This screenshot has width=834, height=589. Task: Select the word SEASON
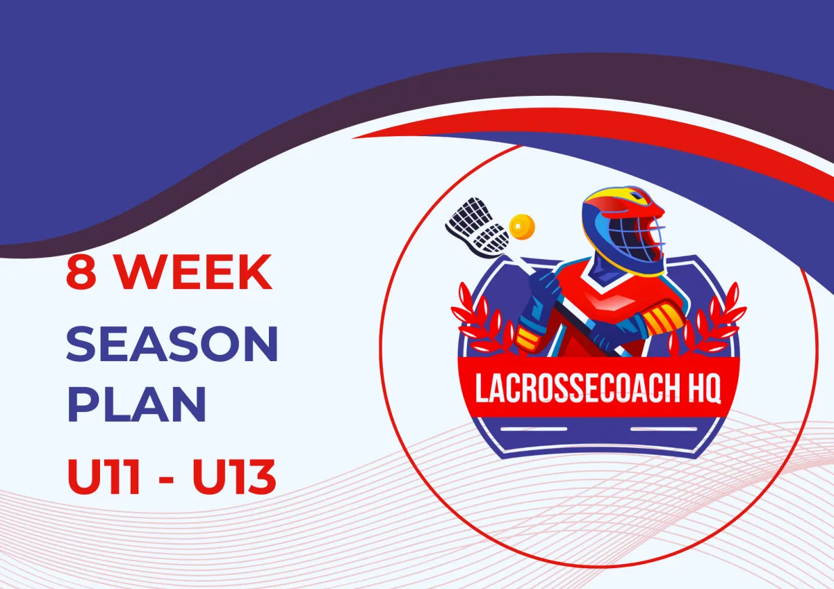tap(172, 343)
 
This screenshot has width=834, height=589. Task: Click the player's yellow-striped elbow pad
tap(655, 320)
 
